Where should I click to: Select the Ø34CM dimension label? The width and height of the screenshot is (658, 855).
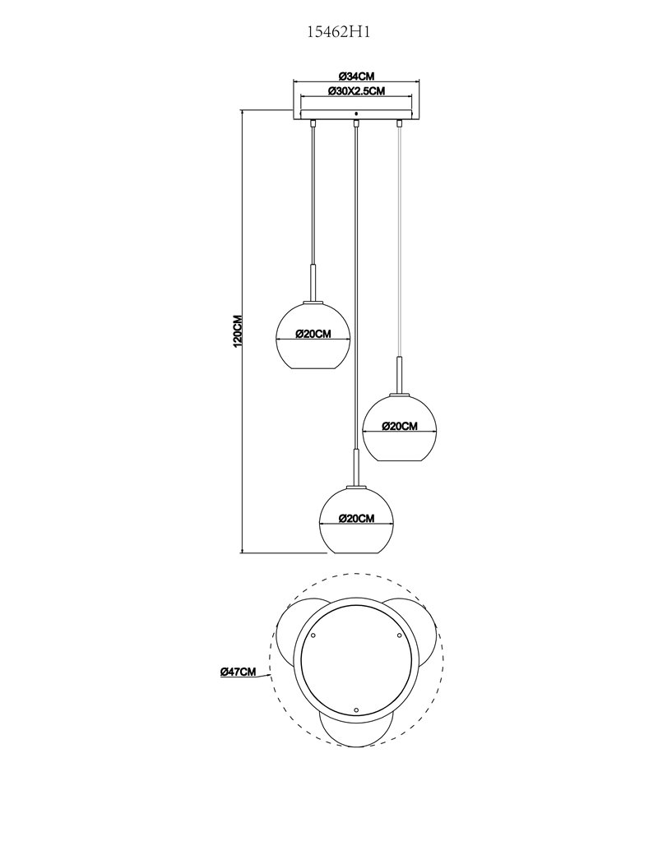(x=356, y=76)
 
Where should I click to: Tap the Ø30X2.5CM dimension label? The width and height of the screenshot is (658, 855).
(x=356, y=91)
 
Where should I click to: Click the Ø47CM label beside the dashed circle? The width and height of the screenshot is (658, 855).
(x=238, y=672)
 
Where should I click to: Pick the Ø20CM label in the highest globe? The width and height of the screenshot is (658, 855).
(x=313, y=335)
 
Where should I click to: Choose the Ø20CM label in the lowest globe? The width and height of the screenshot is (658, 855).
(x=356, y=519)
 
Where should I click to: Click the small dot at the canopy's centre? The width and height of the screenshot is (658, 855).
(x=356, y=114)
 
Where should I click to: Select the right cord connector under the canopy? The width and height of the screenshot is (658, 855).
(x=400, y=124)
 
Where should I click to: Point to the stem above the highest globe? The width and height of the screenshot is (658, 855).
(x=313, y=281)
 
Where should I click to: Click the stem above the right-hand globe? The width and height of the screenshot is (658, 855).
(x=400, y=374)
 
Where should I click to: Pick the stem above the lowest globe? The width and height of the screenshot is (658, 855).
(x=356, y=466)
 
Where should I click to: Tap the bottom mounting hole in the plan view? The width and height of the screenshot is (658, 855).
(x=356, y=710)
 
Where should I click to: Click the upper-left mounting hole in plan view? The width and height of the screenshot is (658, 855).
(x=313, y=635)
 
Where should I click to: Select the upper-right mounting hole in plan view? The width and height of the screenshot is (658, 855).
(x=399, y=635)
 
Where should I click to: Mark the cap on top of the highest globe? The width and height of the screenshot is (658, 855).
(x=313, y=301)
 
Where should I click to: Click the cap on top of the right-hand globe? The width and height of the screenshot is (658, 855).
(x=400, y=393)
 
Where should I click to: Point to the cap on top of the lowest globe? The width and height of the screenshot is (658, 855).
(x=356, y=485)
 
